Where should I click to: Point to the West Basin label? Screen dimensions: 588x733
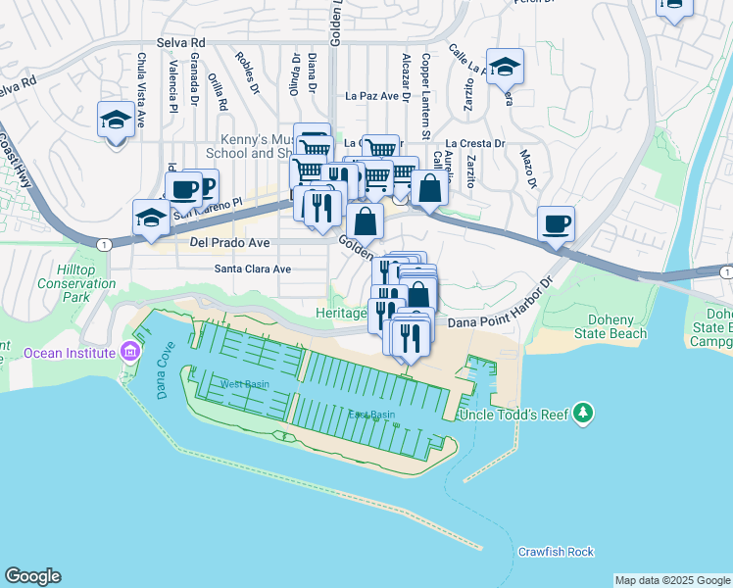coord(244,384)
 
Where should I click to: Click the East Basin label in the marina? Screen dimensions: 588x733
coord(371,415)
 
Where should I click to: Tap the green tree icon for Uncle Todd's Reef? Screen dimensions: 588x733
coord(583,413)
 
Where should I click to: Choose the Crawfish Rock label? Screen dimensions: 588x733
coord(556,552)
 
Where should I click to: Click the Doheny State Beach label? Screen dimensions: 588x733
coord(617,326)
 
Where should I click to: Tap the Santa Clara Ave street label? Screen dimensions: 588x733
coord(253,269)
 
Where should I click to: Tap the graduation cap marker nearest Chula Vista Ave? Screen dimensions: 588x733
coord(117,121)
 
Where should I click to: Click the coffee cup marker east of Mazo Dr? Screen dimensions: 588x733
coord(557,224)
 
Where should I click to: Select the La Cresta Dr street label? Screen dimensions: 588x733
coord(474,143)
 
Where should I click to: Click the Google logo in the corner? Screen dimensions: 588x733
coord(32,576)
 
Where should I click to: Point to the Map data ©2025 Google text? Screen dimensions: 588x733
coord(672,580)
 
